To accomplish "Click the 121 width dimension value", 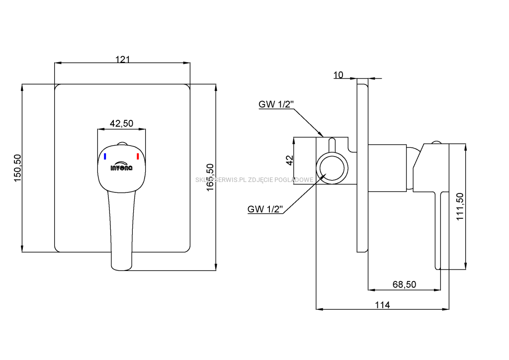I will [122, 60].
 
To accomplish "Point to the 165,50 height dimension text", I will [210, 178].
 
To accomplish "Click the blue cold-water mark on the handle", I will [105, 157].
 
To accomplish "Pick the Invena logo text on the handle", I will [121, 168].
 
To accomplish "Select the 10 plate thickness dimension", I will [339, 75].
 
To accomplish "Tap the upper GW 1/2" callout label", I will [276, 104].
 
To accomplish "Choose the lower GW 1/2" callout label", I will [265, 209].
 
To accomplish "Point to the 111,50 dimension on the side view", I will [459, 206].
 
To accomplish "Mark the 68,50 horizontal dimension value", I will [404, 284].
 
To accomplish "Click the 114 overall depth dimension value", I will [382, 305].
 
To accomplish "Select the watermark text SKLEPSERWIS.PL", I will [218, 180].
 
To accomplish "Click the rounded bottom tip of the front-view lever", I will [121, 267].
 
